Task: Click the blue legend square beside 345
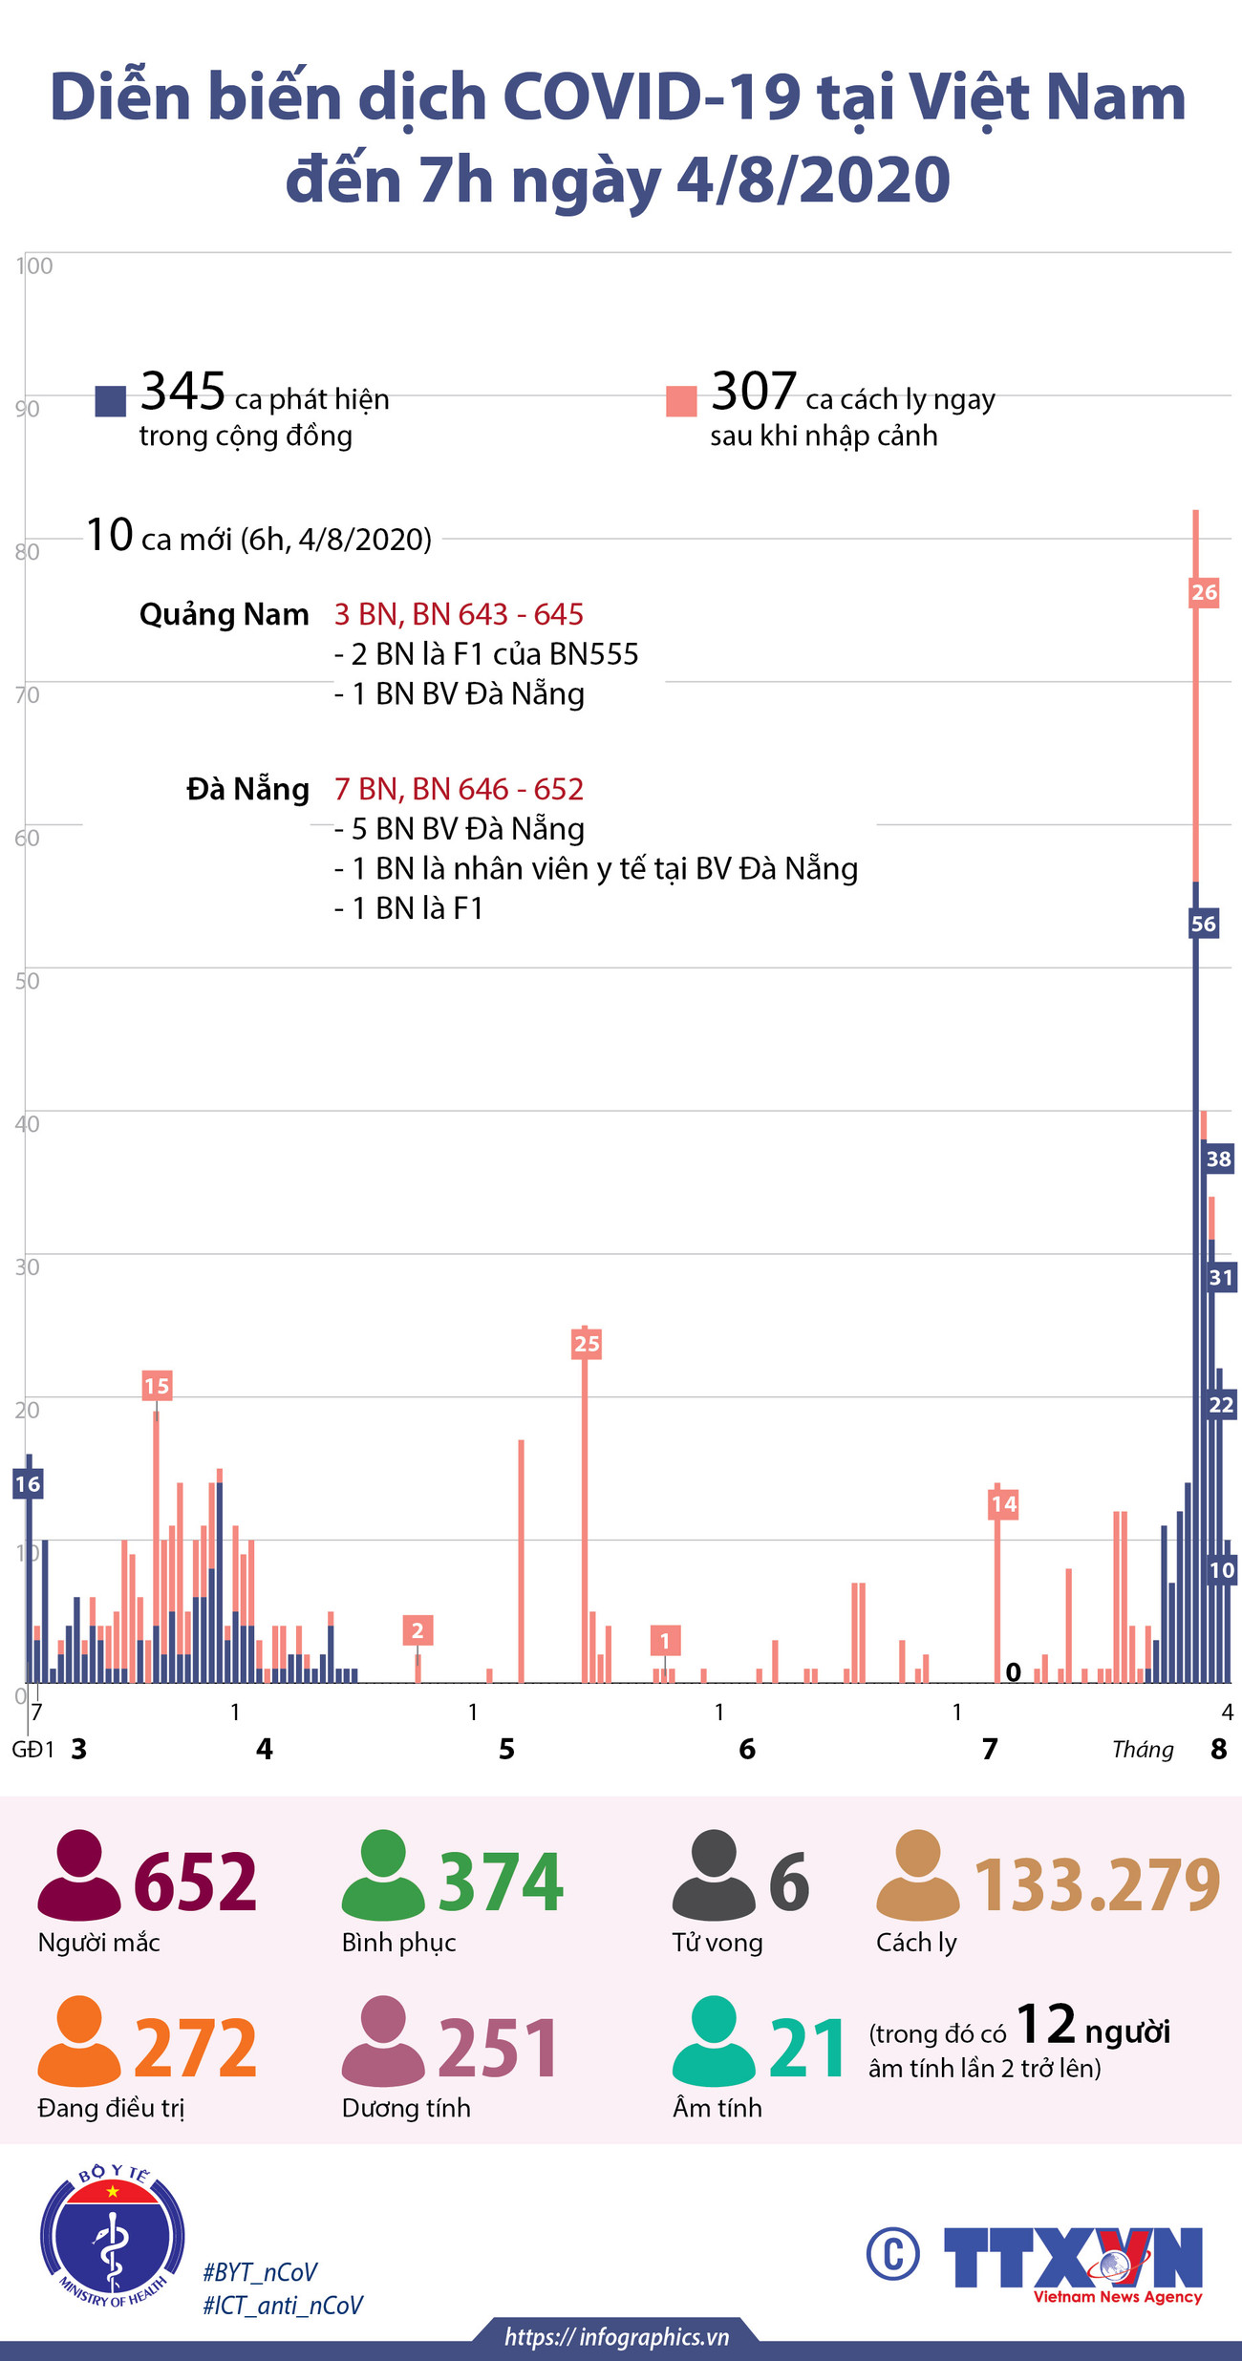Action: pyautogui.click(x=111, y=401)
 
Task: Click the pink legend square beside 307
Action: pyautogui.click(x=681, y=401)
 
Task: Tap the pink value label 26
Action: pyautogui.click(x=1204, y=592)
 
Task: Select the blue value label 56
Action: pyautogui.click(x=1204, y=924)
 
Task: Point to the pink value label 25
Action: pyautogui.click(x=587, y=1344)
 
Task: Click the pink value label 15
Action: pyautogui.click(x=157, y=1386)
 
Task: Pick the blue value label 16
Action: pyautogui.click(x=28, y=1483)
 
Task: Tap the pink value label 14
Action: pyautogui.click(x=1003, y=1504)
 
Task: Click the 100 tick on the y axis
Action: pyautogui.click(x=34, y=266)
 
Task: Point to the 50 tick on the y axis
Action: pyautogui.click(x=28, y=981)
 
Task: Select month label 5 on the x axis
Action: pyautogui.click(x=506, y=1749)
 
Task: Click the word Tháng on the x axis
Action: pyautogui.click(x=1143, y=1750)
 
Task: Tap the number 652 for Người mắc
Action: pyautogui.click(x=196, y=1881)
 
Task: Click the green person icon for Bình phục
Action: pyautogui.click(x=382, y=1875)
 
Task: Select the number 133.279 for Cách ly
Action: pyautogui.click(x=1097, y=1884)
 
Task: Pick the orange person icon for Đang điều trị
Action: pyautogui.click(x=78, y=2041)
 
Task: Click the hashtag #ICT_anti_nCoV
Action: pyautogui.click(x=283, y=2306)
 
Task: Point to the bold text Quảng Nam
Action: pyautogui.click(x=225, y=614)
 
